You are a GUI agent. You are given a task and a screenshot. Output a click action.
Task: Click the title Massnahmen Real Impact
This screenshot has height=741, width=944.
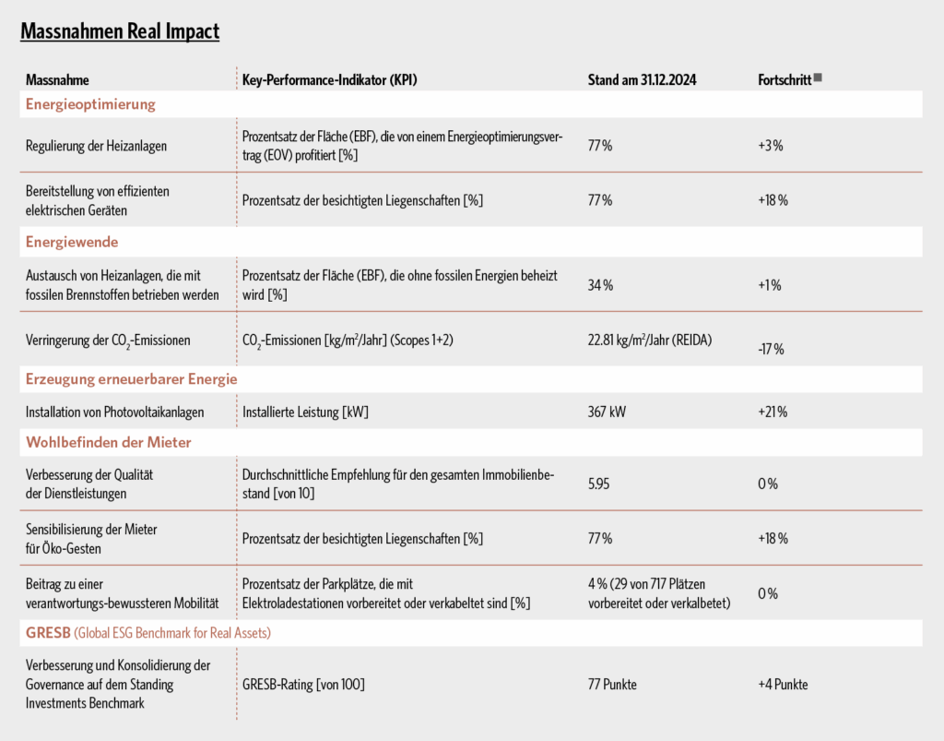pyautogui.click(x=120, y=31)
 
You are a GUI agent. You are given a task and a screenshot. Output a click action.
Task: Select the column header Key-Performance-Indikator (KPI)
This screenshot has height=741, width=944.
pyautogui.click(x=329, y=80)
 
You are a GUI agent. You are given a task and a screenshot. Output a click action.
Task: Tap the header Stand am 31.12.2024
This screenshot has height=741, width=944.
pyautogui.click(x=642, y=80)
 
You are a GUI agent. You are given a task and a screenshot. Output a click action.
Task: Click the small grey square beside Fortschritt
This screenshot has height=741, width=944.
pyautogui.click(x=818, y=78)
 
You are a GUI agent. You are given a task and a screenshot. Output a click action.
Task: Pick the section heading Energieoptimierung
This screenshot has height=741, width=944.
pyautogui.click(x=90, y=104)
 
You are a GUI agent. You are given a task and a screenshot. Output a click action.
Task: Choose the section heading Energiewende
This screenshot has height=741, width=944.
pyautogui.click(x=72, y=242)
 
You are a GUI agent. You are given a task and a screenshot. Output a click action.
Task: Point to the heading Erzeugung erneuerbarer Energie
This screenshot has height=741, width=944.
pyautogui.click(x=131, y=379)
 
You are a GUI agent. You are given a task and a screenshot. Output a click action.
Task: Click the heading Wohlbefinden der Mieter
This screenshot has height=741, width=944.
pyautogui.click(x=109, y=443)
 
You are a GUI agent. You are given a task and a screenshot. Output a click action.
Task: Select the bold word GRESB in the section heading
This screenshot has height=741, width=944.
pyautogui.click(x=48, y=633)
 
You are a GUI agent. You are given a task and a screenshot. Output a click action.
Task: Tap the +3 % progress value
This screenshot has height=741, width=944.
pyautogui.click(x=771, y=146)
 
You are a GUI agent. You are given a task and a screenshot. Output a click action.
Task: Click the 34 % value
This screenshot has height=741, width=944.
pyautogui.click(x=600, y=285)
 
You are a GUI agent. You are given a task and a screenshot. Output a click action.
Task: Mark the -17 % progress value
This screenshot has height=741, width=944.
pyautogui.click(x=771, y=350)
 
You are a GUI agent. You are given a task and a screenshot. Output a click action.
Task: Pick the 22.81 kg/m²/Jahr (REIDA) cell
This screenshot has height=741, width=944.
pyautogui.click(x=650, y=341)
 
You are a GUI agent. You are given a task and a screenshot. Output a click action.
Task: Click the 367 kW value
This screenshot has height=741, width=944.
pyautogui.click(x=607, y=412)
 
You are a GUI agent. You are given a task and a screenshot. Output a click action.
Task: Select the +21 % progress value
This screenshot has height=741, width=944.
pyautogui.click(x=773, y=412)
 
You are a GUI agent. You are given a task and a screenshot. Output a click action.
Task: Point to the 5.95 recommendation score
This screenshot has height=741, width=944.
pyautogui.click(x=598, y=484)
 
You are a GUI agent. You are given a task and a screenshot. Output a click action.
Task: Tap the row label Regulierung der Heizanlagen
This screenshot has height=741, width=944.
pyautogui.click(x=96, y=146)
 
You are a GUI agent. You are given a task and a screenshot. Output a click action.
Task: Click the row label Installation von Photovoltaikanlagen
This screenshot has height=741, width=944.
pyautogui.click(x=114, y=412)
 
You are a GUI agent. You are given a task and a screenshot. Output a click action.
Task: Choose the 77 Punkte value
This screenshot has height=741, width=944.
pyautogui.click(x=612, y=685)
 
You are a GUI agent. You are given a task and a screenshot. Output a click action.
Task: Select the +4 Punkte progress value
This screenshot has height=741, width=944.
pyautogui.click(x=783, y=685)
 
